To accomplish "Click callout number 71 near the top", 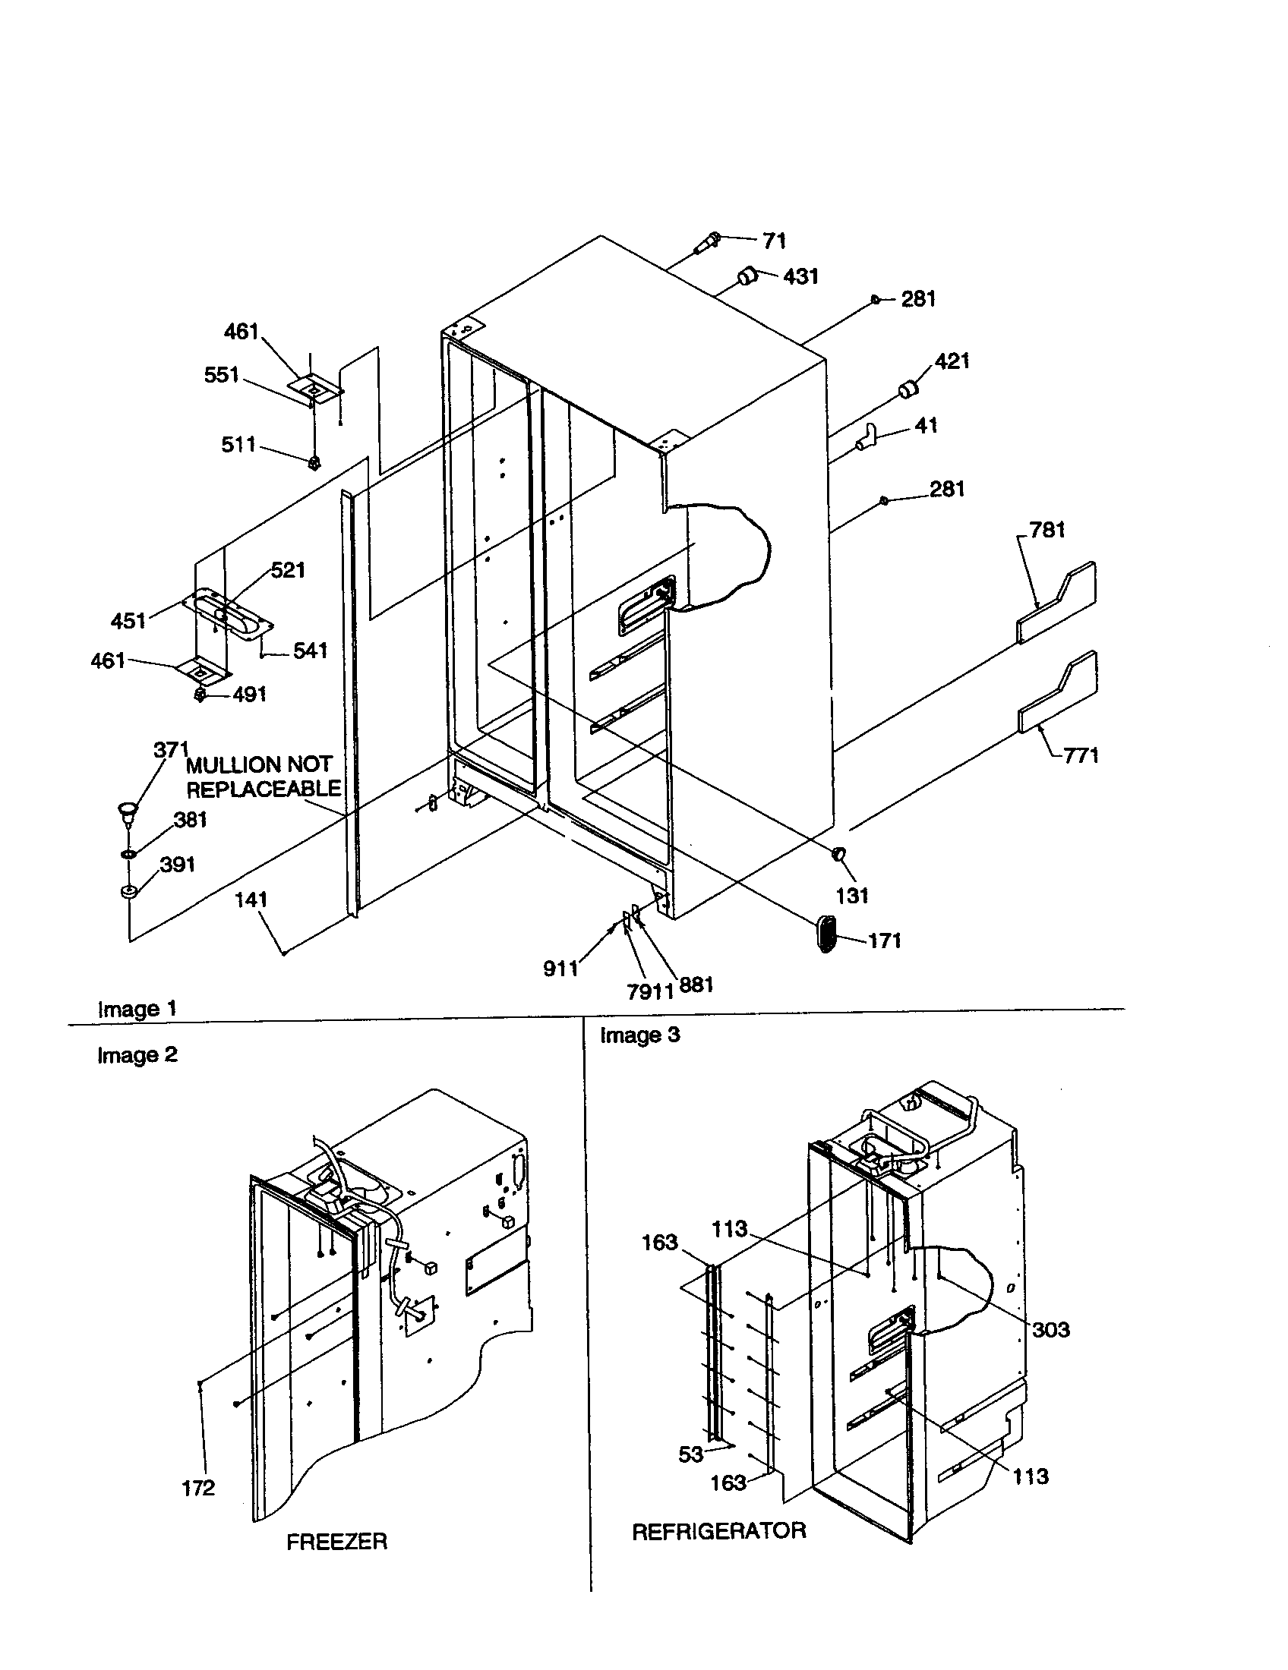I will click(x=774, y=241).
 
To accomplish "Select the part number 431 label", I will click(x=800, y=276).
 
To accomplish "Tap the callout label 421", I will click(x=952, y=361).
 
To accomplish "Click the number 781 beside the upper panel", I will click(x=1047, y=529).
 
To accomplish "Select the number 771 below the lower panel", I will click(x=1081, y=755).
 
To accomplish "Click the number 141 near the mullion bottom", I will click(x=251, y=900).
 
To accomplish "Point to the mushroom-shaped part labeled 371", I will click(x=127, y=810).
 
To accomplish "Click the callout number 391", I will click(x=177, y=865).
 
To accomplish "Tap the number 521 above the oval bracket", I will click(x=288, y=569).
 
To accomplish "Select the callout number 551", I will click(x=221, y=375).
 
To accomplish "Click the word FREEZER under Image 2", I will click(x=336, y=1541).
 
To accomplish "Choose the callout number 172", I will click(x=198, y=1487).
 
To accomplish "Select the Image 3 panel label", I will click(x=639, y=1035).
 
